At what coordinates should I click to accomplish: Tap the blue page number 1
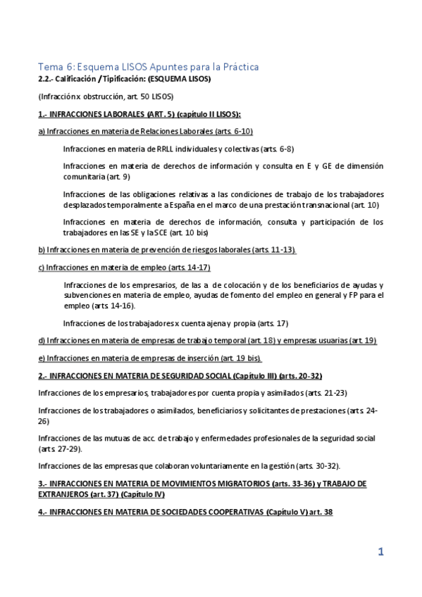click(x=380, y=553)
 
